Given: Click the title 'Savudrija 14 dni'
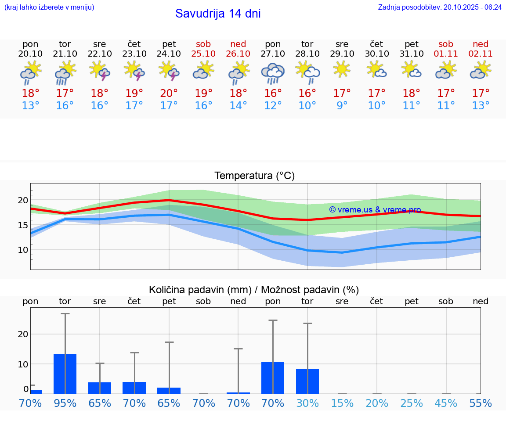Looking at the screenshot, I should click(218, 14).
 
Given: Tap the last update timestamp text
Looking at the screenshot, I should click(440, 7).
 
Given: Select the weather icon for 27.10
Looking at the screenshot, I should click(273, 73).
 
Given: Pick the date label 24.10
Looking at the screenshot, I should click(169, 54).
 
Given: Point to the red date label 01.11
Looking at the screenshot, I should click(446, 54).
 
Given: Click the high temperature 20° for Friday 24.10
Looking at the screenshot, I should click(169, 93).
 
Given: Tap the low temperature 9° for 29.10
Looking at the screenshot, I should click(342, 105).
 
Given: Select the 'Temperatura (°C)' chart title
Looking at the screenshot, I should click(254, 176).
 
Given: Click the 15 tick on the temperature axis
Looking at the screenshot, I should click(23, 225).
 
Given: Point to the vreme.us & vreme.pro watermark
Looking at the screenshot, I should click(375, 210).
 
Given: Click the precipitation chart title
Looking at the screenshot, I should click(254, 290).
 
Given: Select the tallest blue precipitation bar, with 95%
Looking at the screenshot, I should click(65, 374).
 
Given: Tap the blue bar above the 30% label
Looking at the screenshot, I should click(307, 381).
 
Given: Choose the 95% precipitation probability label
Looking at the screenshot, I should click(65, 403).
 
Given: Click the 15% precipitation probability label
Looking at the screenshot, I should click(342, 403).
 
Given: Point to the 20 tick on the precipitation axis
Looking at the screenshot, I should click(23, 334).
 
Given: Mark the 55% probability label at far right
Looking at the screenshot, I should click(481, 403).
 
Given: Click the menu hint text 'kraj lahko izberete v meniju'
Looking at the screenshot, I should click(49, 7).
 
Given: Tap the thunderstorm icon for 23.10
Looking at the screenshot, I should click(134, 71).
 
